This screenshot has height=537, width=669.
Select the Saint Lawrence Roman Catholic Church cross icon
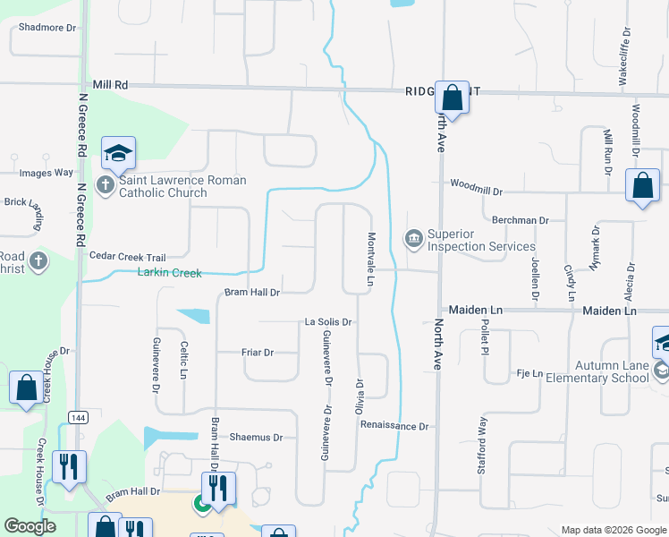point(106,186)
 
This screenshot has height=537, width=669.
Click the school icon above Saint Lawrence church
point(118,155)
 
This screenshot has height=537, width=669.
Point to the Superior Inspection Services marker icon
point(413,237)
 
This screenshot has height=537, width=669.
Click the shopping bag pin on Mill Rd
point(453,97)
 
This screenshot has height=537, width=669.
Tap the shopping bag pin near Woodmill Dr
point(643,186)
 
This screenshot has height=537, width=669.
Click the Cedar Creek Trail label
point(128,256)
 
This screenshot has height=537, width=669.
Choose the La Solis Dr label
point(331,321)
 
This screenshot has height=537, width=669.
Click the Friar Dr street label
point(257,353)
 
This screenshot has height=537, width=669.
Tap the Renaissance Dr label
point(395,426)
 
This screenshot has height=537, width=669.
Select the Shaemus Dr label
point(256,437)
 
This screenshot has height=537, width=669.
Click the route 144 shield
point(78,417)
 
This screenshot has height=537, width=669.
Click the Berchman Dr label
point(520,219)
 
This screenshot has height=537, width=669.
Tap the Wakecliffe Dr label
point(625,55)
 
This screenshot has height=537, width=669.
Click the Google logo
point(30,526)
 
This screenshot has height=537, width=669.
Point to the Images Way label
point(46,173)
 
